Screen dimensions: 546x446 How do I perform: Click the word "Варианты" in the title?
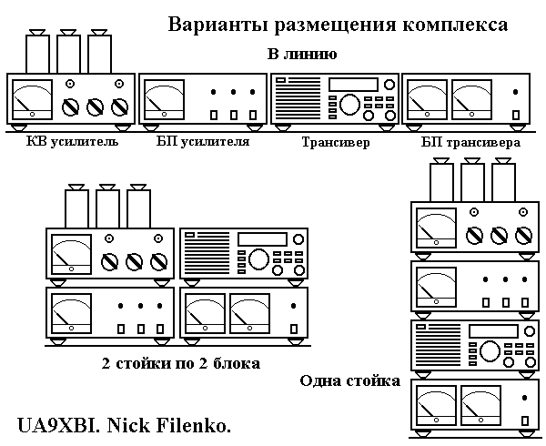[219, 25]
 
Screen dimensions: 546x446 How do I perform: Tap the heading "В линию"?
[302, 55]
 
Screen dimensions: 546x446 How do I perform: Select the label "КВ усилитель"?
[73, 142]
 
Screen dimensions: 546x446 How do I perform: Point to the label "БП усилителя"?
[203, 142]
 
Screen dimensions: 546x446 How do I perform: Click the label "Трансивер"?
[336, 142]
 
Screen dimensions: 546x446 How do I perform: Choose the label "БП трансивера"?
[470, 142]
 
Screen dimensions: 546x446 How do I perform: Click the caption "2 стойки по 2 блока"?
[181, 363]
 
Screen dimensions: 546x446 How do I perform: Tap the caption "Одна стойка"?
[350, 380]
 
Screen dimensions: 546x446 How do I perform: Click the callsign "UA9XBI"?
[58, 425]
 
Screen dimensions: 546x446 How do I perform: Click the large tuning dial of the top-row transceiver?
[349, 104]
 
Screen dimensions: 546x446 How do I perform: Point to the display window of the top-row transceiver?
[353, 85]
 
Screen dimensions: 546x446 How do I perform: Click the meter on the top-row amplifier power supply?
[165, 99]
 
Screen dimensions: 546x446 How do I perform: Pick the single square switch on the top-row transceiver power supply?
[516, 115]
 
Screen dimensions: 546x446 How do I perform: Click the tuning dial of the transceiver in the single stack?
[490, 351]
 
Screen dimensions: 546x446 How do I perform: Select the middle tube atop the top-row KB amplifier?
[68, 52]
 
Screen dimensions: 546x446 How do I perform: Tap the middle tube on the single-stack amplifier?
[472, 179]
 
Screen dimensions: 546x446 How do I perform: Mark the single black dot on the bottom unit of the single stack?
[525, 398]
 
